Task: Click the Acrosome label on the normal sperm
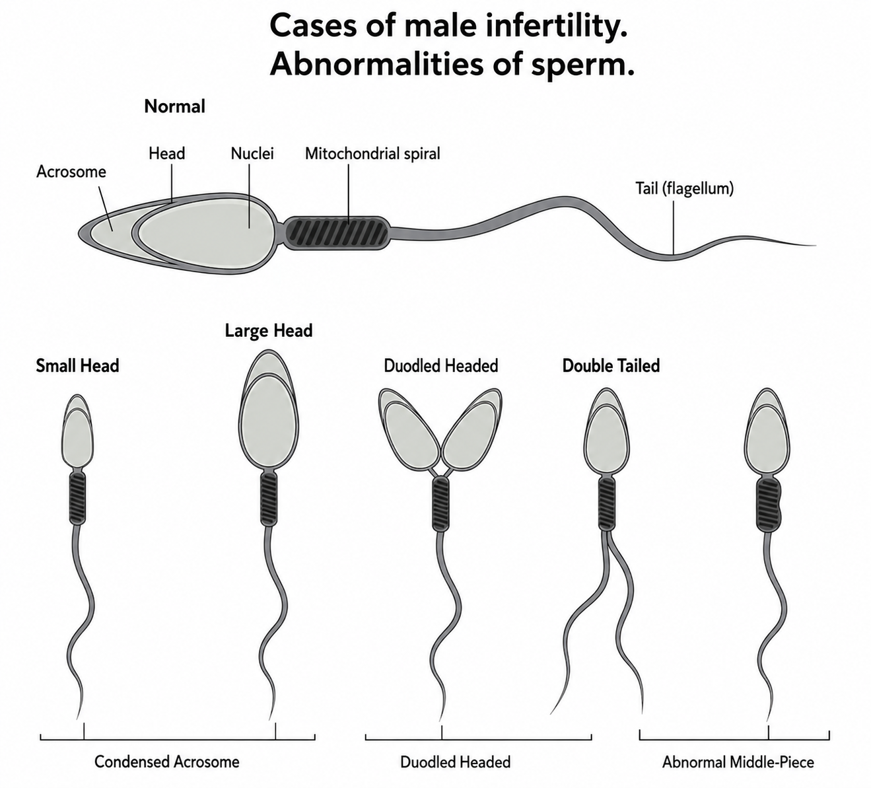click(x=71, y=172)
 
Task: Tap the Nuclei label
click(x=252, y=153)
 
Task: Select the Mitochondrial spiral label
click(x=372, y=153)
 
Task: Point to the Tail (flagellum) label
click(x=685, y=188)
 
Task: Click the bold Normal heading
click(x=174, y=106)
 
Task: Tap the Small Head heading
click(x=77, y=366)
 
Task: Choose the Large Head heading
click(x=269, y=331)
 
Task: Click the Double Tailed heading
click(x=611, y=366)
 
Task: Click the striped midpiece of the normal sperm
click(x=337, y=233)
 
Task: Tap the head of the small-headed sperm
click(x=77, y=431)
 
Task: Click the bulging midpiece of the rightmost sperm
click(x=769, y=505)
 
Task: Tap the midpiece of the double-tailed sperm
click(x=607, y=504)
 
